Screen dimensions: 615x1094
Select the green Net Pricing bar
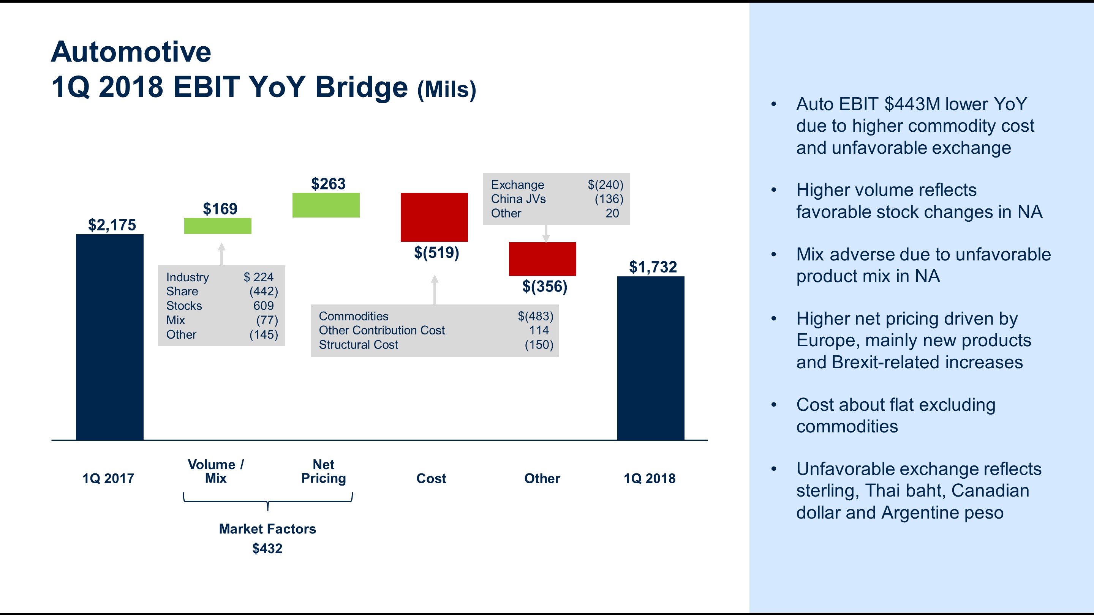pyautogui.click(x=326, y=205)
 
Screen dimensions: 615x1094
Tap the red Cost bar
pyautogui.click(x=434, y=217)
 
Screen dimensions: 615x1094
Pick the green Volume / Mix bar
pyautogui.click(x=217, y=225)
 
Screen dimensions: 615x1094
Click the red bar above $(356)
pyautogui.click(x=542, y=259)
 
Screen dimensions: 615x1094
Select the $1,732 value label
pyautogui.click(x=653, y=266)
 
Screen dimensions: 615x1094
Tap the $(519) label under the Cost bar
pyautogui.click(x=436, y=252)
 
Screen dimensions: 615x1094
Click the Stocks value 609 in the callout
pyautogui.click(x=263, y=306)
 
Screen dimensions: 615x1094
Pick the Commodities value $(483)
pyautogui.click(x=535, y=316)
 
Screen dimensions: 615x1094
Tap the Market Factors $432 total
pyautogui.click(x=267, y=548)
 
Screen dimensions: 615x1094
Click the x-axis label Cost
pyautogui.click(x=431, y=478)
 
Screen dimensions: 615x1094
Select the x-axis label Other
pyautogui.click(x=542, y=478)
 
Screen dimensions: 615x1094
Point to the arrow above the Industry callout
pyautogui.click(x=221, y=254)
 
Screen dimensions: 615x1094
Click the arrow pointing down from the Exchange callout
pyautogui.click(x=546, y=233)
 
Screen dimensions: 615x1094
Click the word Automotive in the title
pyautogui.click(x=131, y=52)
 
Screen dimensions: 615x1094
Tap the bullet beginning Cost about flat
pyautogui.click(x=895, y=415)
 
